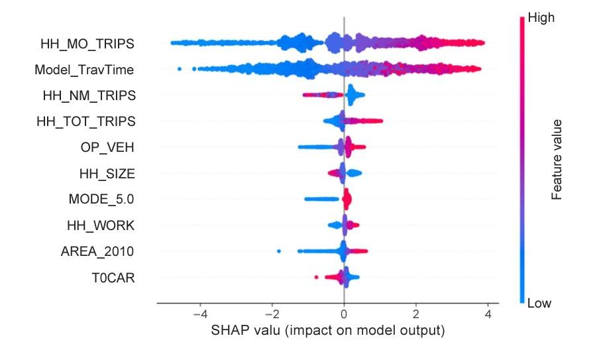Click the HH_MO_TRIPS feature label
(x=87, y=44)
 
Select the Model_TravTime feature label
(x=84, y=69)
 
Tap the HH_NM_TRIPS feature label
(x=89, y=95)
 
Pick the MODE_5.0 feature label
(x=102, y=199)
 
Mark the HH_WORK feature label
(x=101, y=225)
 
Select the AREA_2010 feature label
(x=97, y=251)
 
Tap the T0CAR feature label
(x=113, y=277)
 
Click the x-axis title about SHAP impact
(x=327, y=330)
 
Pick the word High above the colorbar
(x=541, y=19)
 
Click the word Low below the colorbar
(x=540, y=304)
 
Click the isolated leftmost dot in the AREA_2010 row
(x=279, y=251)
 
